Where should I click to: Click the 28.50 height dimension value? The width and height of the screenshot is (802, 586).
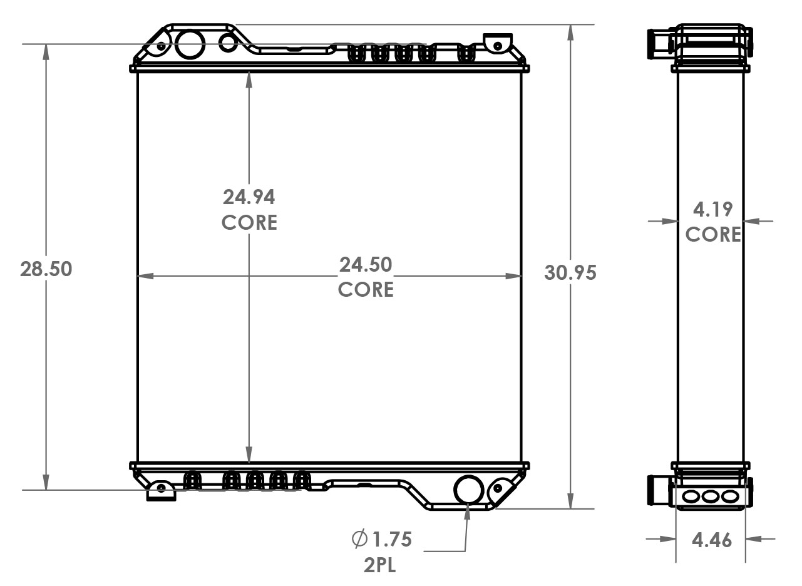pyautogui.click(x=46, y=269)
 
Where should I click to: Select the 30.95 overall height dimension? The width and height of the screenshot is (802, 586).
pyautogui.click(x=570, y=272)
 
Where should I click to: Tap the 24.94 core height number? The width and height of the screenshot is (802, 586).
pyautogui.click(x=249, y=197)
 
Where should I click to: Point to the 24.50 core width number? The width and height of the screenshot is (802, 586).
pyautogui.click(x=366, y=265)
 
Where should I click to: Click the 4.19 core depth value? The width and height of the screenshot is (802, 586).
pyautogui.click(x=713, y=209)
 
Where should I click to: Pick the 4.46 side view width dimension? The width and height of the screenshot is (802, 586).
pyautogui.click(x=711, y=540)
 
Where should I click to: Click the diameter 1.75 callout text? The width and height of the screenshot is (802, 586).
pyautogui.click(x=383, y=538)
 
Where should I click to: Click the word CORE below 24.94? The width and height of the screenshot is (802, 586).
pyautogui.click(x=249, y=223)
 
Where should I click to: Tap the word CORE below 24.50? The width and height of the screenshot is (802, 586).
pyautogui.click(x=366, y=290)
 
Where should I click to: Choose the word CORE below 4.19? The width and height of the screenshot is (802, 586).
pyautogui.click(x=713, y=235)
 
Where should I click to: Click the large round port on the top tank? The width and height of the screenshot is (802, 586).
pyautogui.click(x=190, y=43)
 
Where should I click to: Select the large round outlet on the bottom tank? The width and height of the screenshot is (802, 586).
pyautogui.click(x=468, y=490)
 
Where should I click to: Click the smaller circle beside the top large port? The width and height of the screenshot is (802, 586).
pyautogui.click(x=228, y=42)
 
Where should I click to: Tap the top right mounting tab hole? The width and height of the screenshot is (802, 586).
pyautogui.click(x=497, y=46)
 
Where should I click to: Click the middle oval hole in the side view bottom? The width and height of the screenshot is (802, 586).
pyautogui.click(x=711, y=497)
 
